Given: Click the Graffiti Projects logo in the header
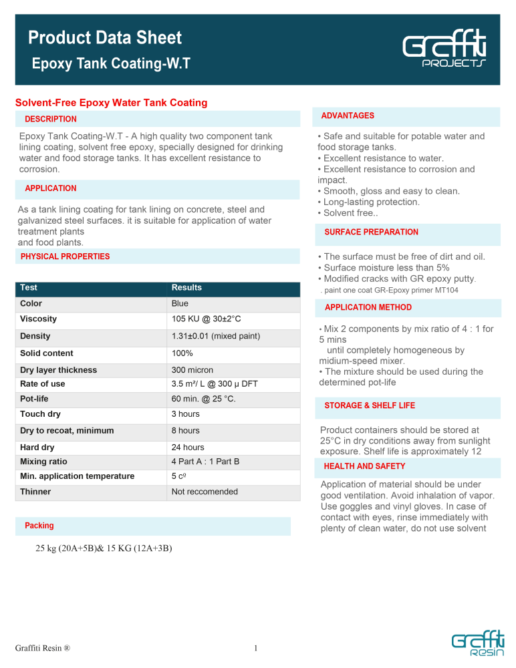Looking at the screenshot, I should coord(444,51).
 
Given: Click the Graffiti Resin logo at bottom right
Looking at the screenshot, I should coord(476,647).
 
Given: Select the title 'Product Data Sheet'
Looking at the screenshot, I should coord(105,38).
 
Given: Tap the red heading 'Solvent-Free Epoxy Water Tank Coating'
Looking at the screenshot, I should coord(111,103).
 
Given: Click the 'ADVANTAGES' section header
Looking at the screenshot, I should coord(348,116).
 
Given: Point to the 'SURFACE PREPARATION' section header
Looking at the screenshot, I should coord(371,232).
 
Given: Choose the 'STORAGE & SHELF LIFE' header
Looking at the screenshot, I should coord(369,405).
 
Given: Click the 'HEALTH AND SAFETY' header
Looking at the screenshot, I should coord(364,466).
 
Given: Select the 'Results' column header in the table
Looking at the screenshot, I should coord(186,288).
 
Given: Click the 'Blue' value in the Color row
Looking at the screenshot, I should coord(180,303).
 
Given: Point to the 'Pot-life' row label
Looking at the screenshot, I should coord(35,399).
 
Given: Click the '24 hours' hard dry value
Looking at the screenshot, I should coord(188,448).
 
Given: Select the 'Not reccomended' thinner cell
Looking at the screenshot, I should coord(205,492).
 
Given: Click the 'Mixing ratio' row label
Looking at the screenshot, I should coord(45,462).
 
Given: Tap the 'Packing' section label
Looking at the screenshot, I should coord(39,526).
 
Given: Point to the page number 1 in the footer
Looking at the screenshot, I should coord(256,647).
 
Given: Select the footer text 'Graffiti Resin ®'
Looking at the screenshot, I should coord(43,647).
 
